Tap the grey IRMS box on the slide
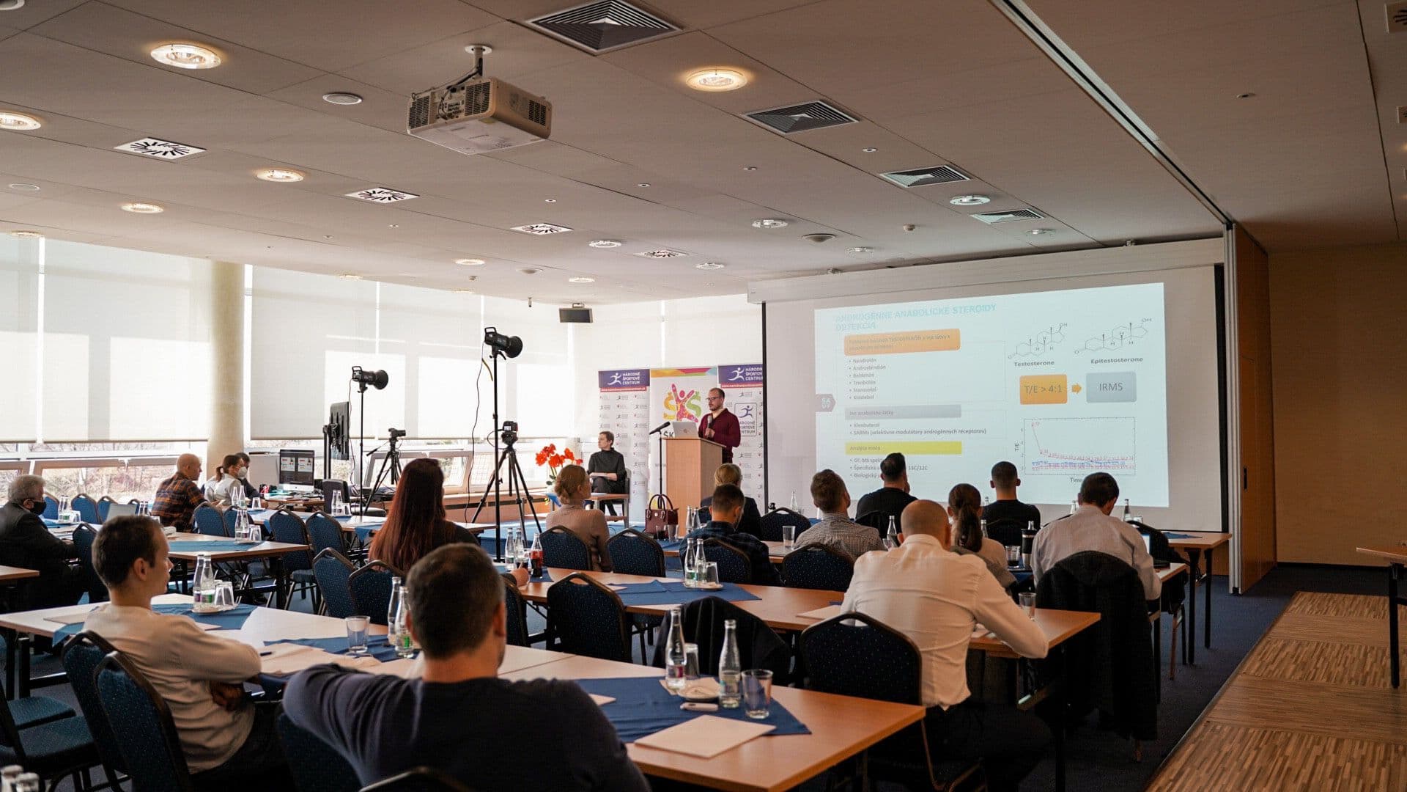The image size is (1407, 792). click(x=1111, y=387)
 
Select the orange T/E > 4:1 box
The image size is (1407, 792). click(x=1043, y=389)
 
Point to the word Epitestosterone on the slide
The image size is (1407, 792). click(x=1116, y=360)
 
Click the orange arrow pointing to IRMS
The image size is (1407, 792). click(x=1076, y=388)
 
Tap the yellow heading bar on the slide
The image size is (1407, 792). click(x=903, y=447)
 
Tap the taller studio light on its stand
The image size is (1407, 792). click(x=503, y=342)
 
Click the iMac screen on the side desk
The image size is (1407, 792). click(x=296, y=466)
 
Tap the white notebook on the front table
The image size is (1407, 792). click(x=703, y=735)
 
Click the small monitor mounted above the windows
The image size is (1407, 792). click(x=575, y=315)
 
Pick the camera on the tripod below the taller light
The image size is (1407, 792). click(x=509, y=433)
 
